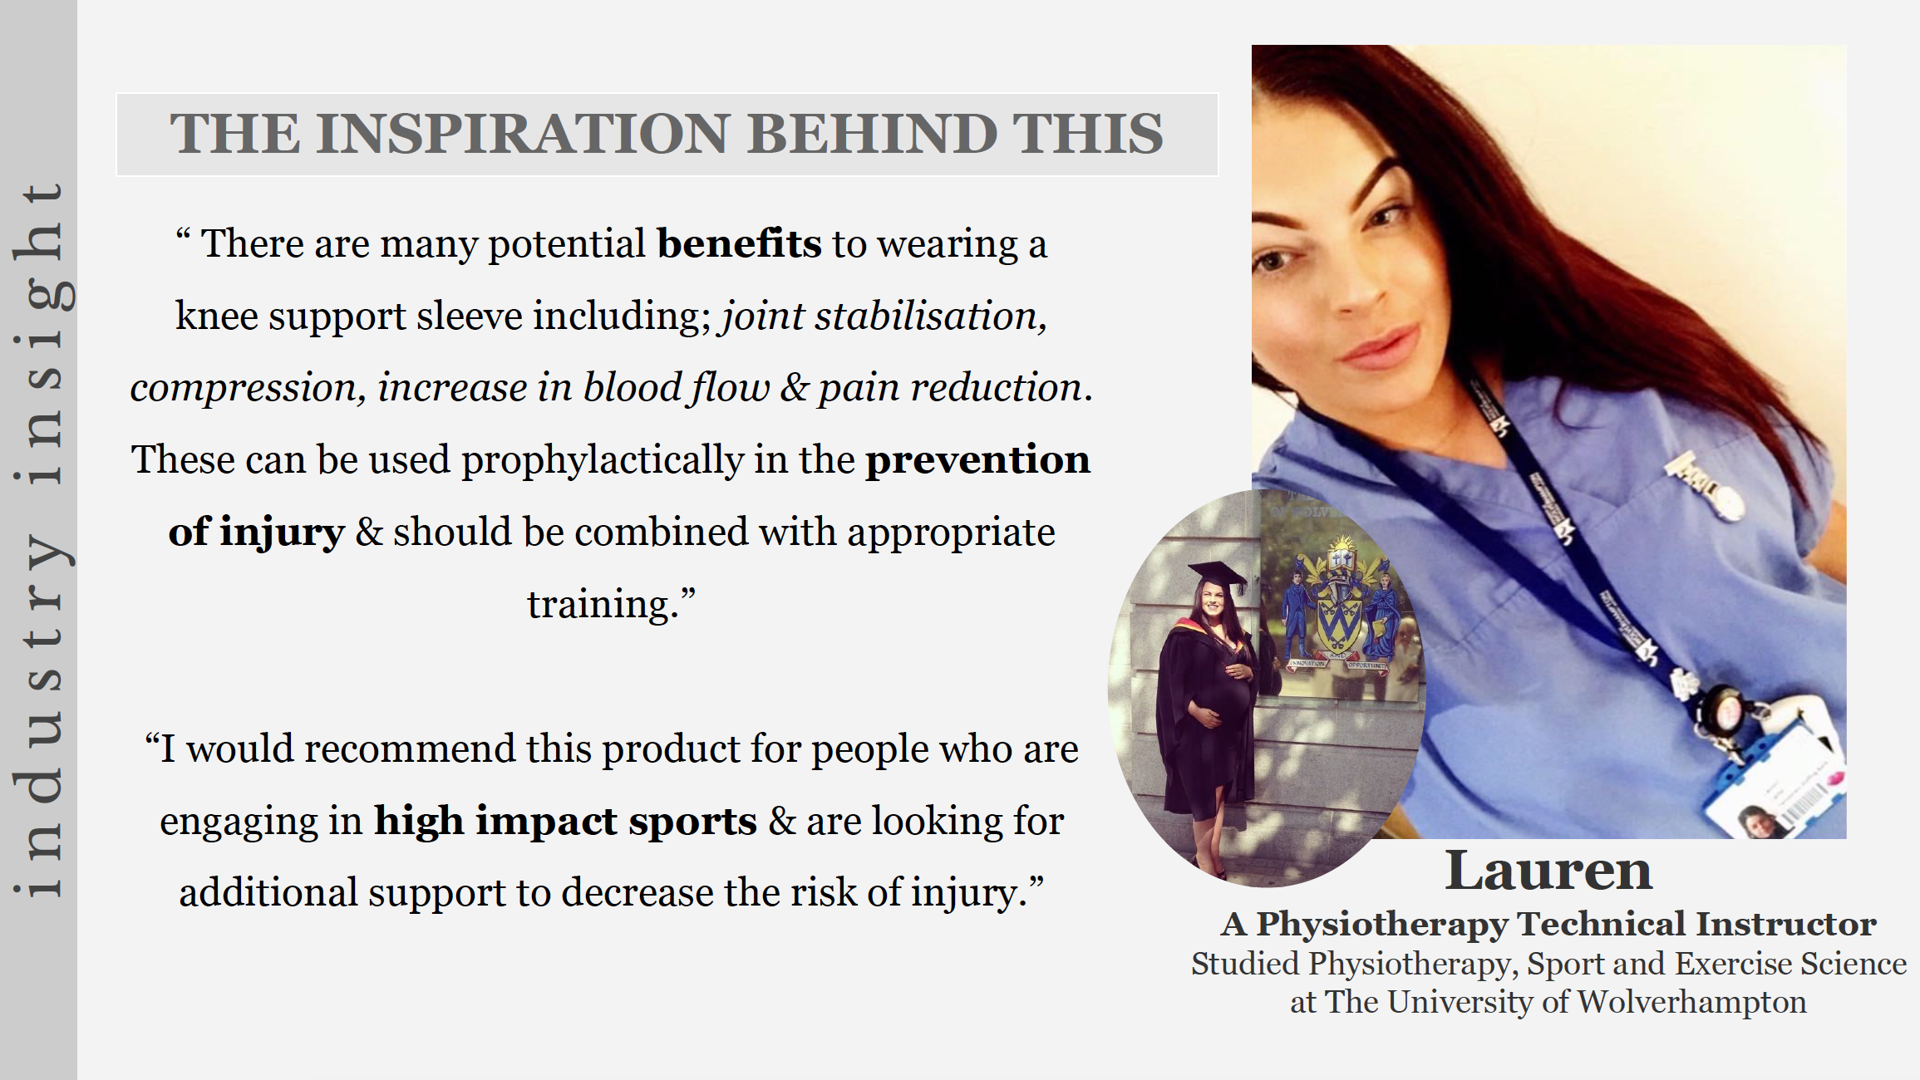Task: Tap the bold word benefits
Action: [739, 243]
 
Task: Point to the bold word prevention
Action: [977, 459]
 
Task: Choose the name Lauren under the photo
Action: [1548, 871]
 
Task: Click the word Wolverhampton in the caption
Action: [1691, 1003]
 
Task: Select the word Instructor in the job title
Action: [1785, 924]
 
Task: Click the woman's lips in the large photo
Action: [1380, 346]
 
